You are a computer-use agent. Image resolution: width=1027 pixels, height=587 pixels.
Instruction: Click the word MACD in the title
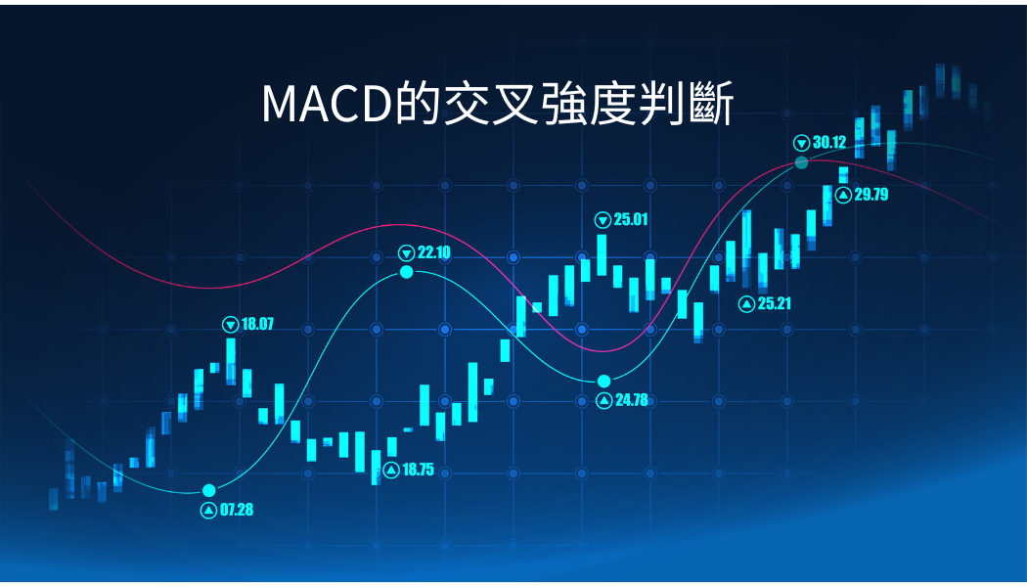coord(326,104)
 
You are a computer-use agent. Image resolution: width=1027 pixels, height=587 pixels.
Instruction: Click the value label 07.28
coord(237,510)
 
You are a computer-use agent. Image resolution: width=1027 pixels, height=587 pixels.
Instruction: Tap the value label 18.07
coord(257,324)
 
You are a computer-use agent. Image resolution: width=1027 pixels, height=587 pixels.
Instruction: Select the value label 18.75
coord(418,470)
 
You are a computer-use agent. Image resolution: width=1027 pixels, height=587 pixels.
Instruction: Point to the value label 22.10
coord(434,252)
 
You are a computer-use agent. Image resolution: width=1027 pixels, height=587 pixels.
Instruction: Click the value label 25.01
coord(631,219)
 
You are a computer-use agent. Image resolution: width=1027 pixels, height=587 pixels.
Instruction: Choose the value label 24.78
coord(632,399)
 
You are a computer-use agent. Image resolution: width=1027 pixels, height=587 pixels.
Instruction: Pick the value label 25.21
coord(775,303)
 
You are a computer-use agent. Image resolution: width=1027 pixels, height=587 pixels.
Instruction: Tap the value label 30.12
coord(829,142)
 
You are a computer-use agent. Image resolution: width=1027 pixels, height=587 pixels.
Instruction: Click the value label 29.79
coord(871,194)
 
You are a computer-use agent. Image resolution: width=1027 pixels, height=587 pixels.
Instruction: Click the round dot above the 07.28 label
coord(209,491)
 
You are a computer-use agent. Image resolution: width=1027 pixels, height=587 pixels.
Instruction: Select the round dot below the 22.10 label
coord(407,272)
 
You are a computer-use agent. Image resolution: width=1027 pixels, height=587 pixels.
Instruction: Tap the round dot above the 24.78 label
coord(603,382)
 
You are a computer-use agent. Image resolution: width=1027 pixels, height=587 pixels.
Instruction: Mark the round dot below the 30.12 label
coord(802,162)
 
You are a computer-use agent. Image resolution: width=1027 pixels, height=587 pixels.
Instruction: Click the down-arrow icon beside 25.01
coord(603,220)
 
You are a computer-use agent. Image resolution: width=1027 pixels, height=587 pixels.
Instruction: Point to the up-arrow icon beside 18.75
coord(391,471)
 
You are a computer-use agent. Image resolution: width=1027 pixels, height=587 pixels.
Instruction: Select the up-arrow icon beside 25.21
coord(746,304)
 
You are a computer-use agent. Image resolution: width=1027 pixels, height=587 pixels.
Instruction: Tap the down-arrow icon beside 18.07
coord(231,324)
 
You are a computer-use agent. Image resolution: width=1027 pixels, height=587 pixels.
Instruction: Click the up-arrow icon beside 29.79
coord(843,195)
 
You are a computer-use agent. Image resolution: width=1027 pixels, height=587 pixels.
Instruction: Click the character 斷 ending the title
coord(712,104)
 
